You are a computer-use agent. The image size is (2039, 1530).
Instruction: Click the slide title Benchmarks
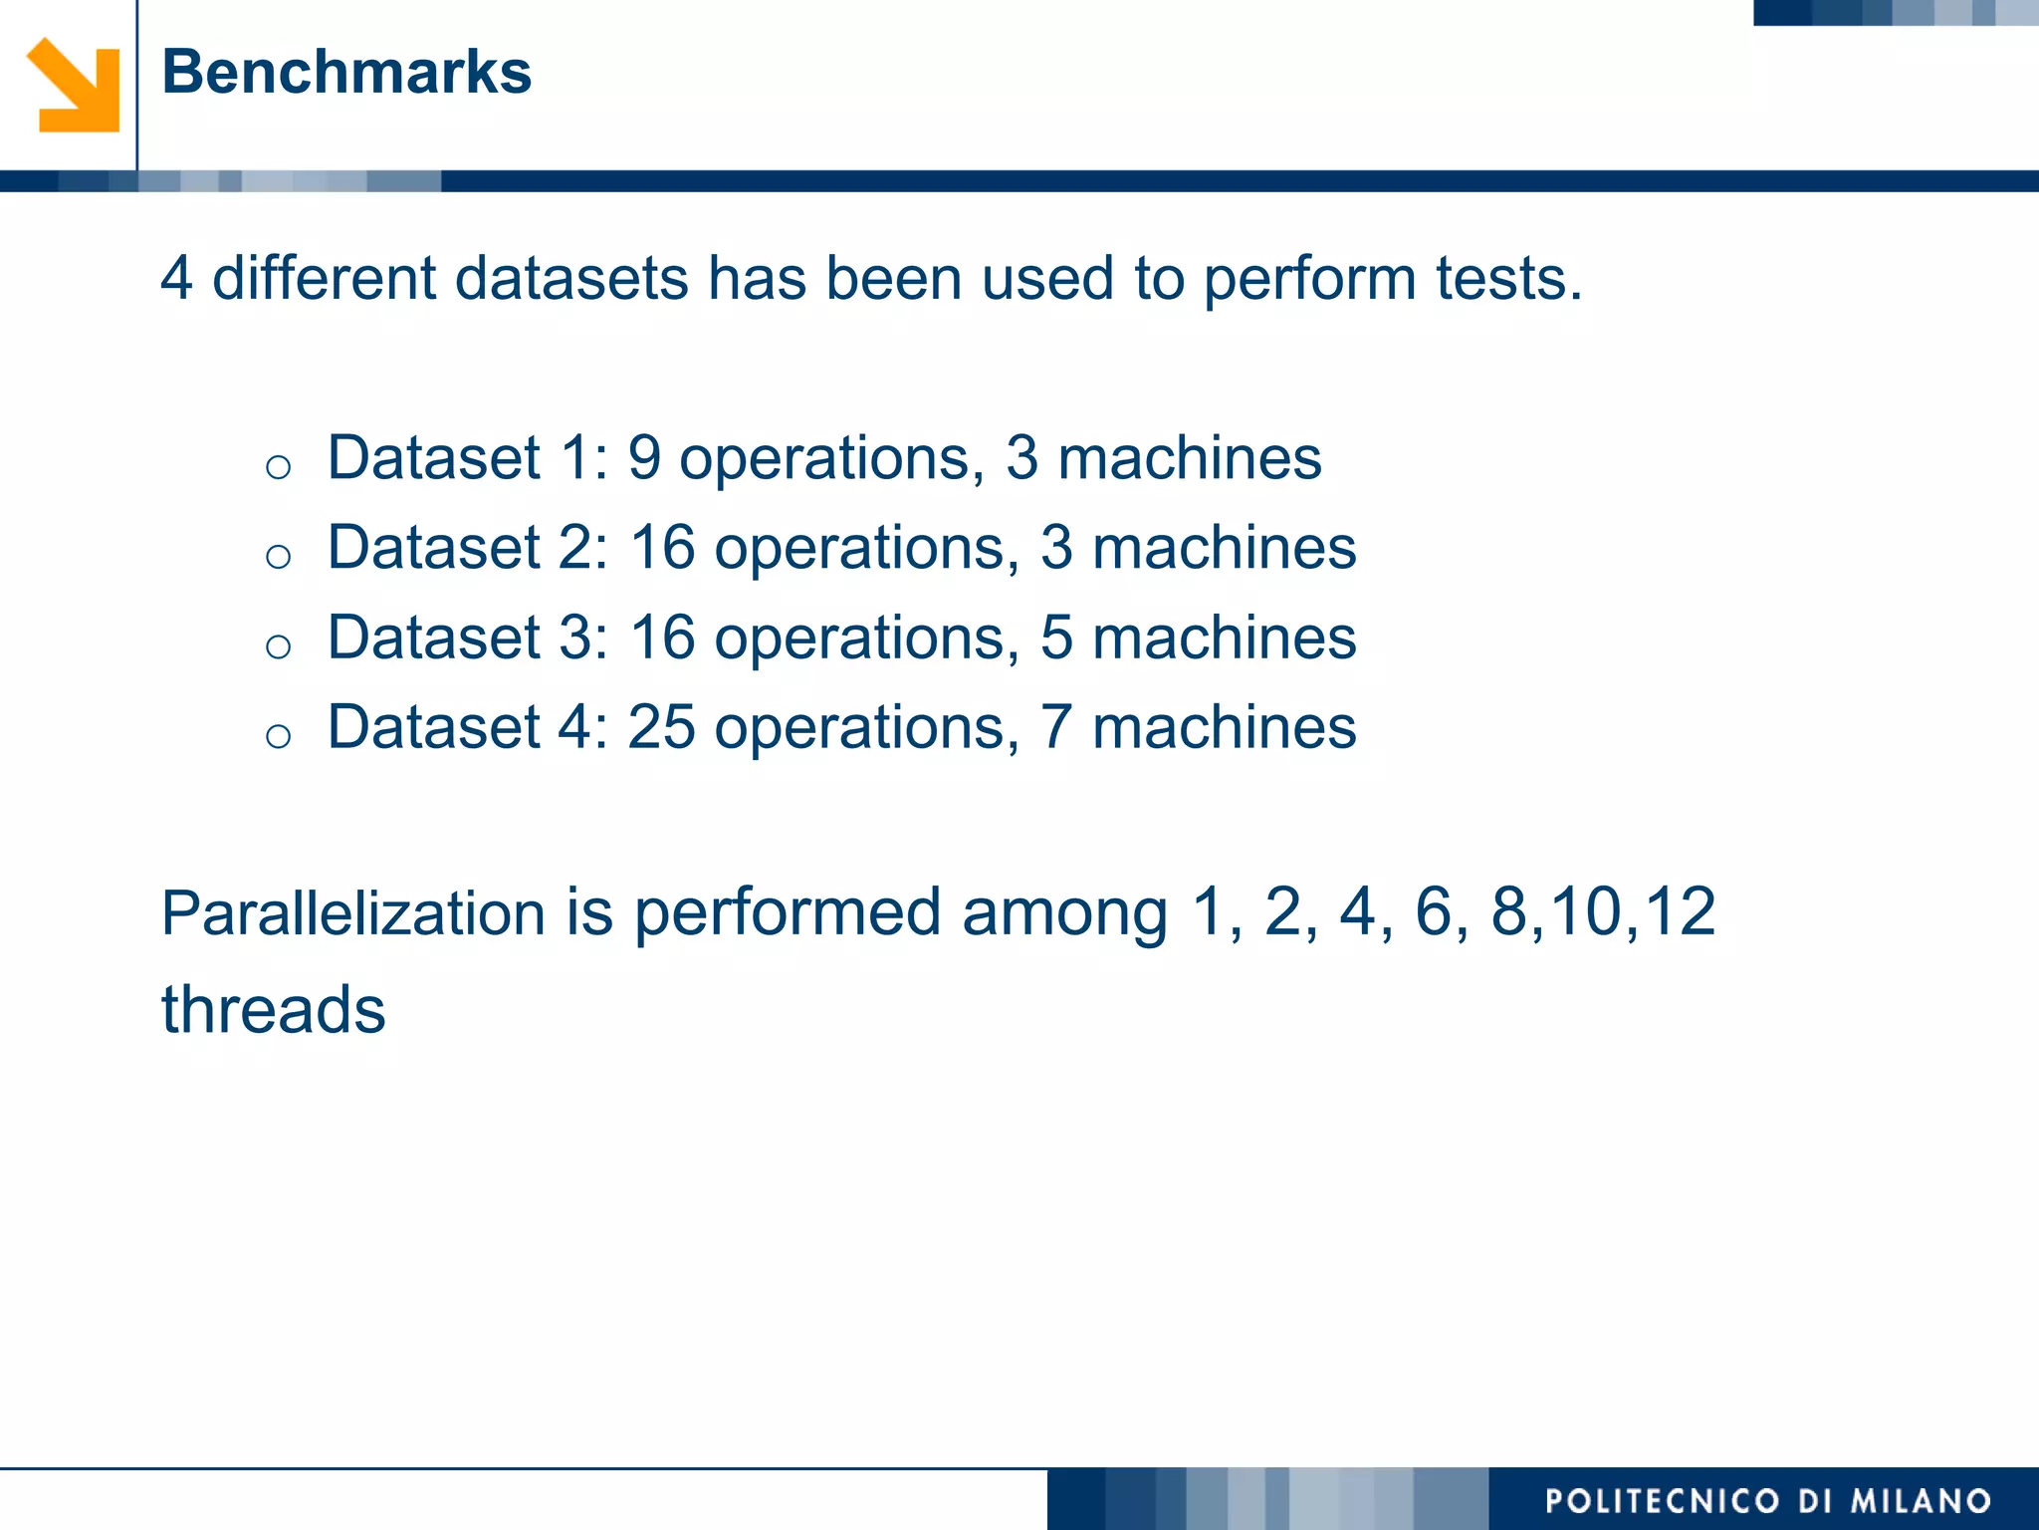(x=346, y=72)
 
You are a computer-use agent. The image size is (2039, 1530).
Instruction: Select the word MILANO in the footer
(x=1921, y=1501)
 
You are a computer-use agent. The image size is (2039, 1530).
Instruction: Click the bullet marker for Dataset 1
(x=278, y=467)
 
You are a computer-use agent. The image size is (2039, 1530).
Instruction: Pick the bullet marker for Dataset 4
(x=278, y=736)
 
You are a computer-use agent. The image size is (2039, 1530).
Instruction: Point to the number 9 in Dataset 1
(x=644, y=458)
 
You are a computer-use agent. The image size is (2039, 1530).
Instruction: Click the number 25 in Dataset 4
(x=661, y=727)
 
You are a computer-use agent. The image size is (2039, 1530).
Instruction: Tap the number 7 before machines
(x=1056, y=727)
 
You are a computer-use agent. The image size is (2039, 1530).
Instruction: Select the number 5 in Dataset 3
(x=1056, y=637)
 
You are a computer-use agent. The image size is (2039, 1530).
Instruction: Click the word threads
(x=274, y=1009)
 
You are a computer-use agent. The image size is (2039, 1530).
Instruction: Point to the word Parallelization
(x=353, y=913)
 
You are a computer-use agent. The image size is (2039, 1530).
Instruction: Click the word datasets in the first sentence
(x=571, y=278)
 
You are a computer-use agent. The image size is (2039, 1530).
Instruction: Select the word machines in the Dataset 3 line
(x=1224, y=637)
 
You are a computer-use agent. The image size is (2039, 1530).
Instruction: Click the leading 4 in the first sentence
(x=176, y=278)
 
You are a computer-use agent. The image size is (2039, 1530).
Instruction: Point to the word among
(x=1064, y=913)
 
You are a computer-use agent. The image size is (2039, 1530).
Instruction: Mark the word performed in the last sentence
(x=788, y=913)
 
